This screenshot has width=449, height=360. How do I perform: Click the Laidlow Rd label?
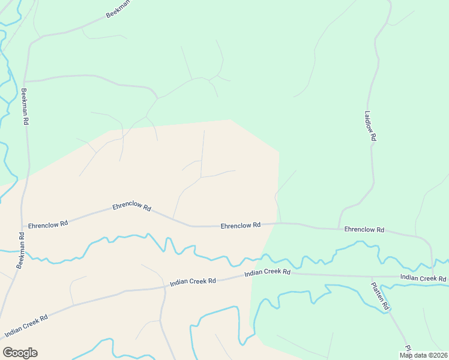[x=370, y=125]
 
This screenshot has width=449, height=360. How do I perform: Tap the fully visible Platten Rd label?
[x=381, y=296]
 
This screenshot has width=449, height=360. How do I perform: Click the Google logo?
[x=20, y=353]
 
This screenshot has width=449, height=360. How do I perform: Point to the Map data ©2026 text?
[x=424, y=355]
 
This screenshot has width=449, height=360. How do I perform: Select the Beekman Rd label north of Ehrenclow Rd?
[x=25, y=107]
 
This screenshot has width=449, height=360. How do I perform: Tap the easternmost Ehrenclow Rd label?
[x=364, y=230]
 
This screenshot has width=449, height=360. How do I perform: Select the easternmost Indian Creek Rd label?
[x=423, y=278]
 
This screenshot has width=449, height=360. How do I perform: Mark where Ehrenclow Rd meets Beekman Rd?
[x=23, y=227]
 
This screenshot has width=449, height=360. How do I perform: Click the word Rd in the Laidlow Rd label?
[x=373, y=137]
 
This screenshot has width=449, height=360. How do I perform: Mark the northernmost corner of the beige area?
[x=230, y=119]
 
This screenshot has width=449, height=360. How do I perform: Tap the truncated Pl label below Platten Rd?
[x=408, y=348]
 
